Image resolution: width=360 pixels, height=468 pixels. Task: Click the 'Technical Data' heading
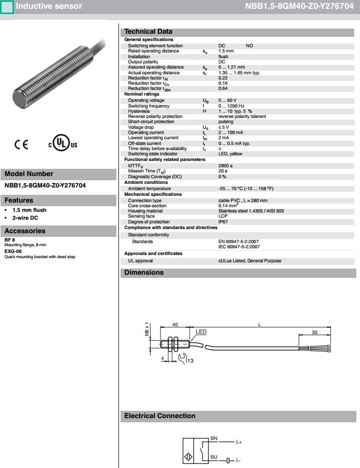pos(148,32)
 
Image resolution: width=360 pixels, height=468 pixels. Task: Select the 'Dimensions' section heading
pos(144,273)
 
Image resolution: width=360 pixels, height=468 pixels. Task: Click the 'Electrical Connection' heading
pos(159,416)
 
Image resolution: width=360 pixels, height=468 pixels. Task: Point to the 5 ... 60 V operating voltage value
pos(228,100)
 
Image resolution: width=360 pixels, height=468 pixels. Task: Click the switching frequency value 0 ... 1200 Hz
pos(232,106)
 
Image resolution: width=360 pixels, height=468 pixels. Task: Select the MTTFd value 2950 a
pos(225,165)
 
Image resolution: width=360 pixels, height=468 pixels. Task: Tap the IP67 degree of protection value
pos(223,222)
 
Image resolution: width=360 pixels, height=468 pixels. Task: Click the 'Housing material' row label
pos(145,211)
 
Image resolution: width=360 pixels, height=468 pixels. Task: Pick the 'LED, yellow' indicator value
pos(230,154)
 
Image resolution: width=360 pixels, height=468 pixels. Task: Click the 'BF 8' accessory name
pos(9,239)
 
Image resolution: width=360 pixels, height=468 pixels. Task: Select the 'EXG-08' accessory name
pos(13,251)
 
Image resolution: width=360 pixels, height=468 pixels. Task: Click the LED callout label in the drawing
pos(201,331)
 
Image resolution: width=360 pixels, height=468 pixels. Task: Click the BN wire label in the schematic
pos(214,438)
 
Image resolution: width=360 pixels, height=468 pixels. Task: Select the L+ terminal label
pos(239,443)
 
